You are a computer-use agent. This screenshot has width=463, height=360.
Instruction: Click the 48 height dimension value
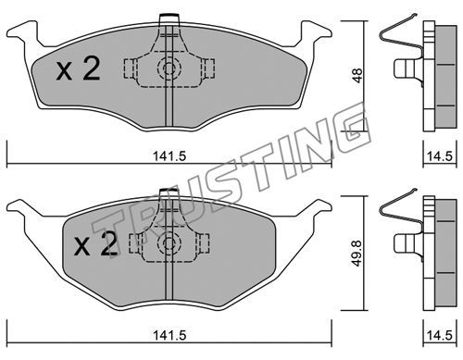357,76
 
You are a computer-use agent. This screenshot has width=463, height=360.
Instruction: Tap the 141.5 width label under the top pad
169,156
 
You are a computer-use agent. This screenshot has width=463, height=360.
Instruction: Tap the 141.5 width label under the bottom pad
169,335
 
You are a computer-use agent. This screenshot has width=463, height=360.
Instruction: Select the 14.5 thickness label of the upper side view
440,156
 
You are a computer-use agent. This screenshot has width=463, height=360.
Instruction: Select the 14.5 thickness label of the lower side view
440,335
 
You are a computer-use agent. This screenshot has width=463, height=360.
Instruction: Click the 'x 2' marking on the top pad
79,69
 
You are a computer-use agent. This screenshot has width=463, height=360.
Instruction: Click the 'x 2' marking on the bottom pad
96,244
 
